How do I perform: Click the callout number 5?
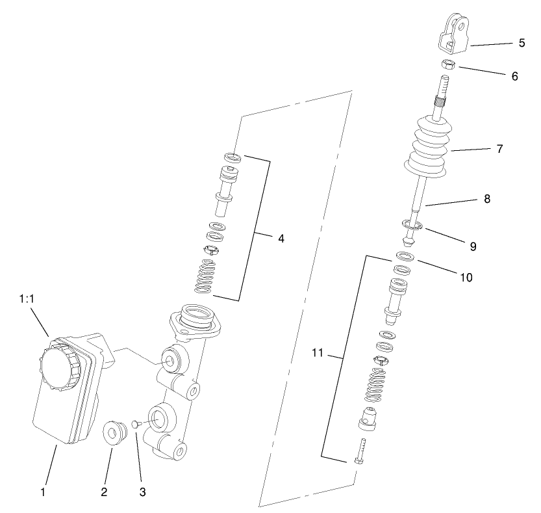(522, 44)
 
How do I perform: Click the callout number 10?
(466, 277)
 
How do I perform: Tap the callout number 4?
(281, 239)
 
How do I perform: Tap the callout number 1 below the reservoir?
(43, 492)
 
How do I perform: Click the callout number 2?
(103, 492)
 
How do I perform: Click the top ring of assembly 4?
(233, 157)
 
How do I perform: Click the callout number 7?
(499, 149)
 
